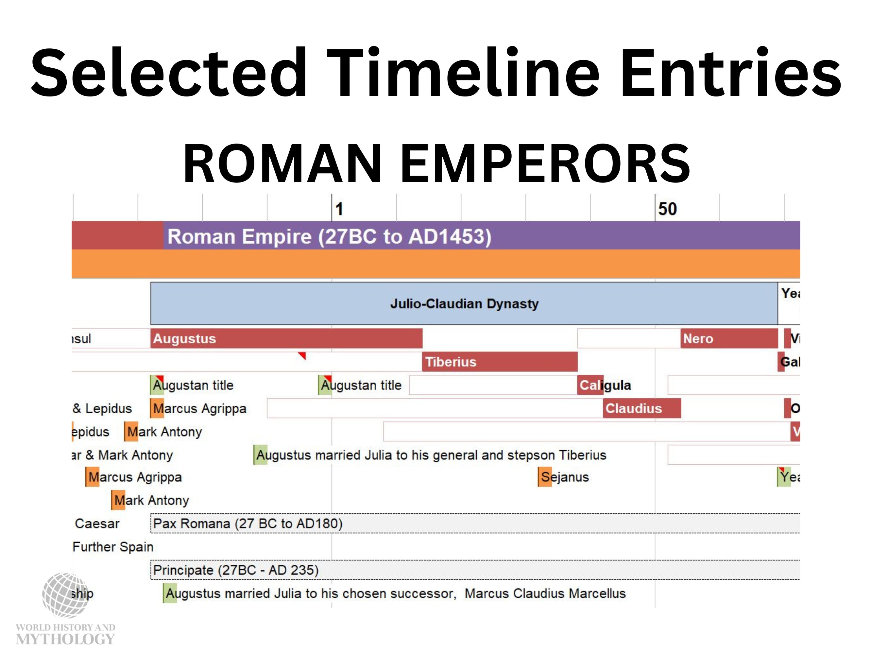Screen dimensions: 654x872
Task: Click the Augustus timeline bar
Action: click(x=286, y=338)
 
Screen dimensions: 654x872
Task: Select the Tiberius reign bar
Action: click(x=500, y=361)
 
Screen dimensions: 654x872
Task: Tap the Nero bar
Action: click(x=729, y=338)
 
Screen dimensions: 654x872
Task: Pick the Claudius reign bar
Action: click(x=641, y=408)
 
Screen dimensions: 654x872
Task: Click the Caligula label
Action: click(x=605, y=385)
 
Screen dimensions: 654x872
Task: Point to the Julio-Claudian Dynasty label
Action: click(x=464, y=303)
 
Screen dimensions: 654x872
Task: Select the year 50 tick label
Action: click(x=667, y=209)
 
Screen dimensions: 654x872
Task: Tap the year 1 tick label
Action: click(x=339, y=209)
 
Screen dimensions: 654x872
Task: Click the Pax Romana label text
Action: click(x=248, y=524)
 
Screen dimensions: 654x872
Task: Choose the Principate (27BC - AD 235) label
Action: click(x=236, y=570)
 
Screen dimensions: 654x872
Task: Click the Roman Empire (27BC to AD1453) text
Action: click(x=329, y=236)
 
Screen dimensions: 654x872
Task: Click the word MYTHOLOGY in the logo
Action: click(x=65, y=639)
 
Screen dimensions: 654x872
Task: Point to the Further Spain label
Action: click(x=113, y=547)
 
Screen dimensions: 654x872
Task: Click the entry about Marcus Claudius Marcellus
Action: click(x=395, y=593)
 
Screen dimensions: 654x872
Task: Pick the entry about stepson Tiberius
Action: click(x=431, y=455)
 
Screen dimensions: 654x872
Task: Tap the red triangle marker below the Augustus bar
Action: click(x=302, y=355)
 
